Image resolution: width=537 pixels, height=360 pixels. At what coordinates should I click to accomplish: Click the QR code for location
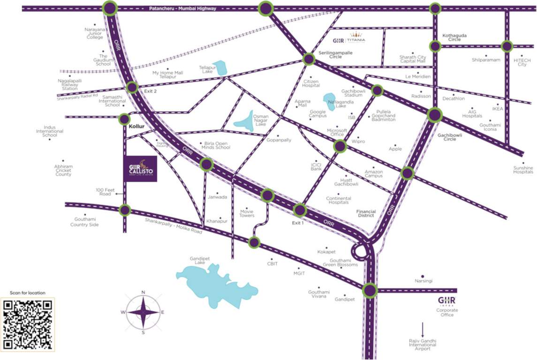point(28,324)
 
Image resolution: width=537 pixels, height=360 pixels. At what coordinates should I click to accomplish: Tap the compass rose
point(143,312)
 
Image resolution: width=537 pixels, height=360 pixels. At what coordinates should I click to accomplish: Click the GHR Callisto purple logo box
point(141,168)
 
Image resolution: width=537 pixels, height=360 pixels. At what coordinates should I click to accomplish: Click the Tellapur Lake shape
point(219,68)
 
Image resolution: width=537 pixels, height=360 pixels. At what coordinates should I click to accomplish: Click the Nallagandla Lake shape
point(330,101)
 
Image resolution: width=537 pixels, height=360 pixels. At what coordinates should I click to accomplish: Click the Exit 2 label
point(151,91)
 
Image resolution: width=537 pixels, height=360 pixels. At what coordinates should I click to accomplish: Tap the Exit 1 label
point(298,223)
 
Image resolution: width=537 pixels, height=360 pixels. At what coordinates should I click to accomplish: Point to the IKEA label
point(498,109)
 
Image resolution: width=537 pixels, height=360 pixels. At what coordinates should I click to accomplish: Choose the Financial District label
point(365,213)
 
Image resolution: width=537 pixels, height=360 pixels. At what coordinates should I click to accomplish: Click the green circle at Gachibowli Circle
point(435,114)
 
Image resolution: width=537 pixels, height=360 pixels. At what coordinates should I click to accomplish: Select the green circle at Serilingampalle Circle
point(309,59)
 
